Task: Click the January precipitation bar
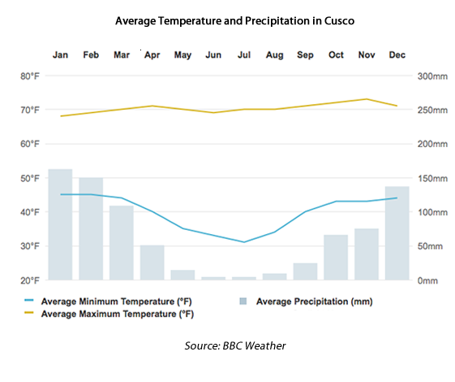60,224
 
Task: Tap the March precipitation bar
122,242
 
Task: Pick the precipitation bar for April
152,262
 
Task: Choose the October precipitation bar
336,257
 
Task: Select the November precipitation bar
367,254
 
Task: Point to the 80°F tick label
30,76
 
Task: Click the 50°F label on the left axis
30,178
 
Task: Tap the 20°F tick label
30,280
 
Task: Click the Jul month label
244,55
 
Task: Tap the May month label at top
182,55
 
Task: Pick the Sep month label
305,55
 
